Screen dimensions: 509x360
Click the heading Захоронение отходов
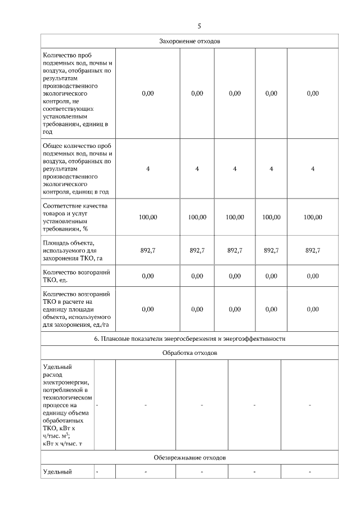pos(189,42)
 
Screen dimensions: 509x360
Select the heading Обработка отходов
pos(189,353)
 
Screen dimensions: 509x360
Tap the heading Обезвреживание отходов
pos(189,458)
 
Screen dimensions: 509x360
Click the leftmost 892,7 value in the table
pos(148,251)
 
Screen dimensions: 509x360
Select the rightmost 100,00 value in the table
pos(313,217)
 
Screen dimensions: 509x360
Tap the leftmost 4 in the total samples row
pos(148,168)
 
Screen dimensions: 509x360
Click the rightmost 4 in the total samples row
pos(313,168)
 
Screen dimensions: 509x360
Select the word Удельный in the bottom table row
pos(57,471)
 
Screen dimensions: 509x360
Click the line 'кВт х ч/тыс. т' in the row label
pos(65,444)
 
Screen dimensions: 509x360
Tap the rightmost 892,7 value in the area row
pos(313,251)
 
